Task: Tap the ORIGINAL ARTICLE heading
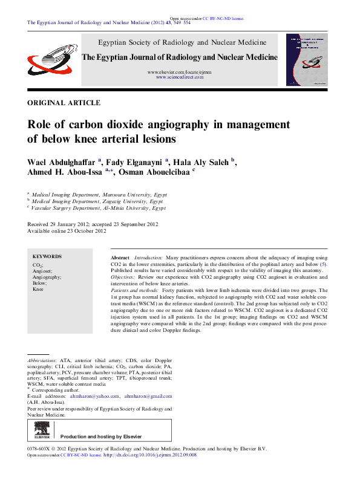point(64,103)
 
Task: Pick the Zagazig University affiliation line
point(99,201)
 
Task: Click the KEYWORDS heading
point(47,256)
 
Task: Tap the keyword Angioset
point(42,271)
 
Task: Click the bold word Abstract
point(120,258)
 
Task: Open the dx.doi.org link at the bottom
point(151,455)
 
